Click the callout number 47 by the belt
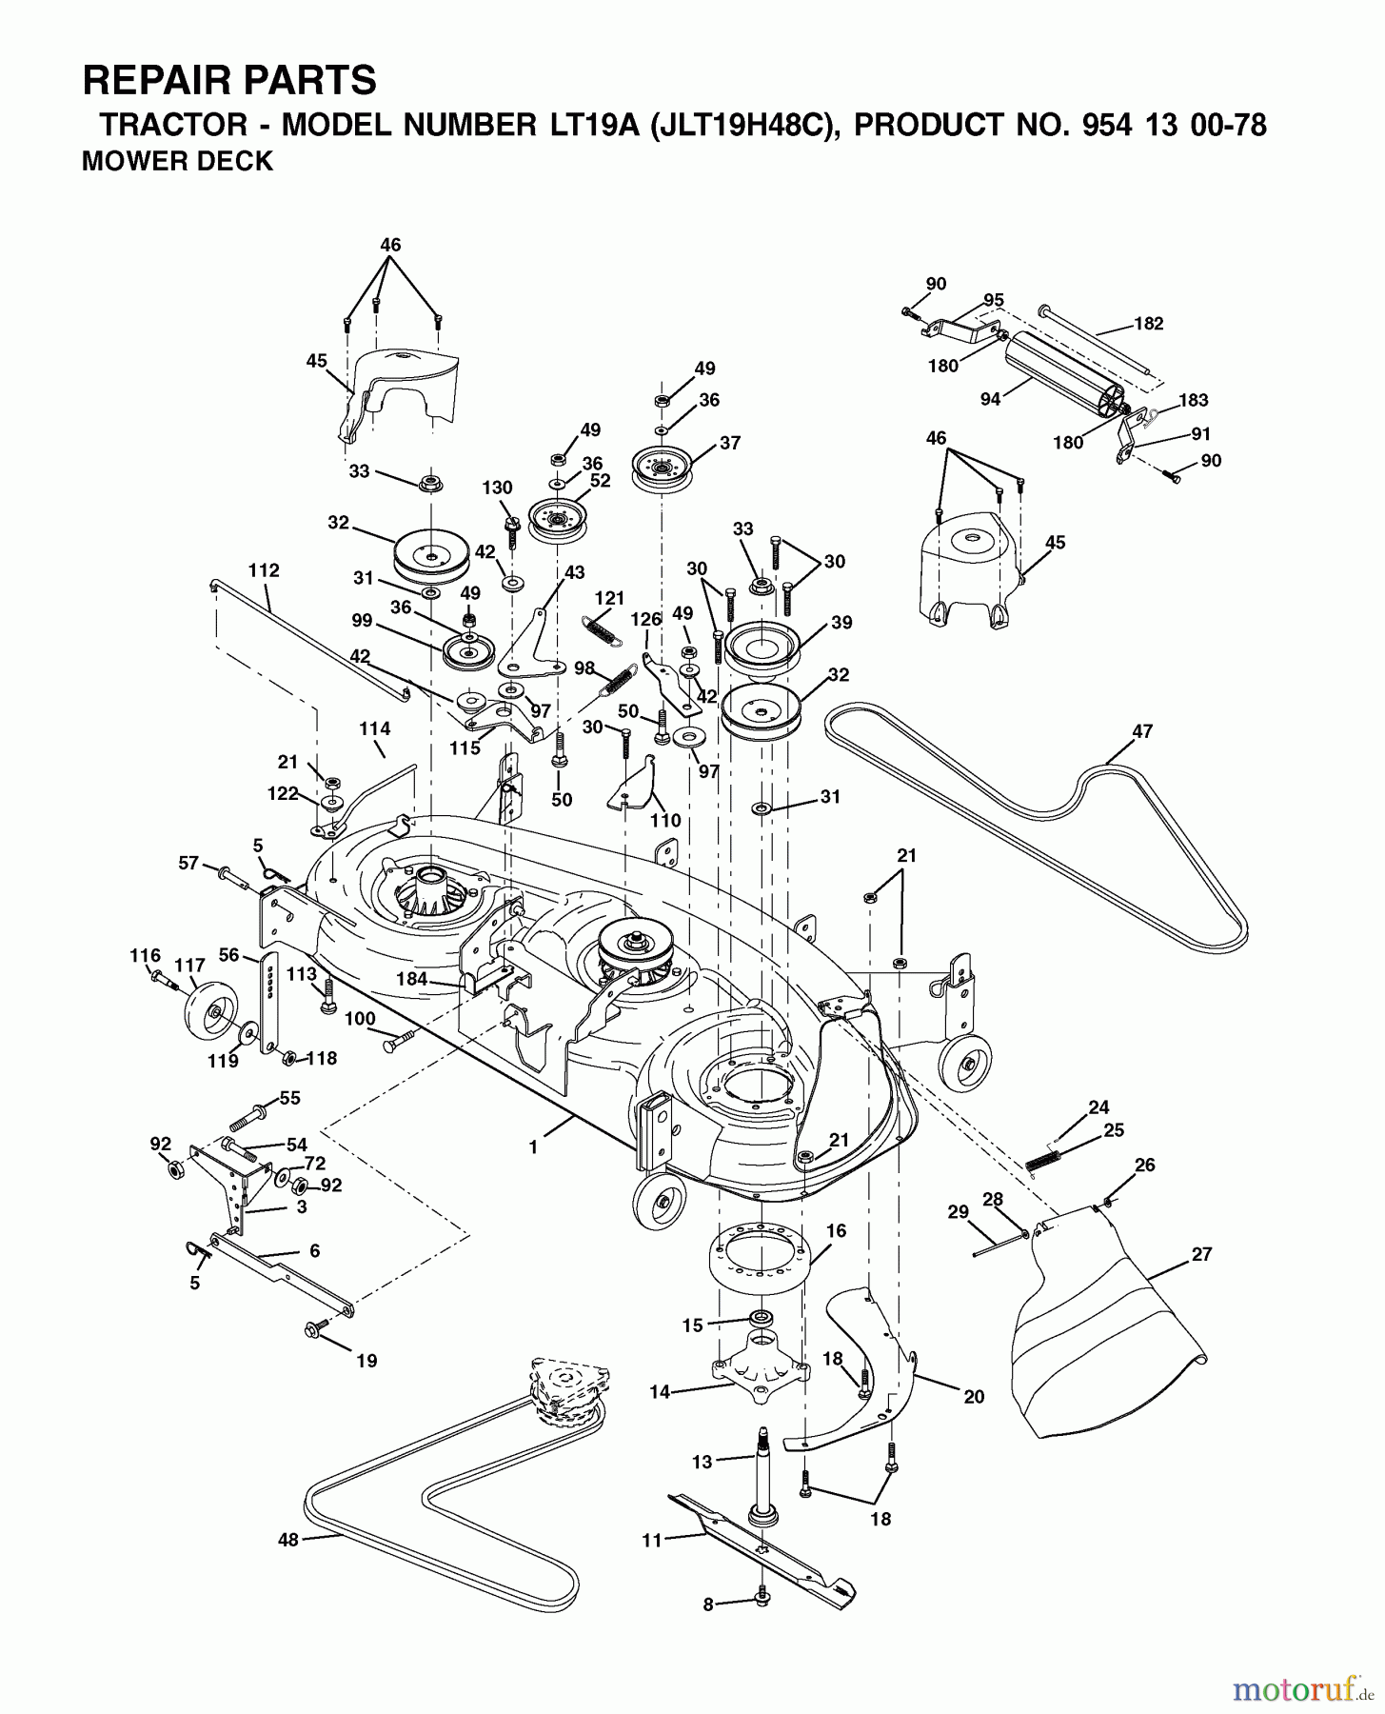(1142, 731)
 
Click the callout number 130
(497, 488)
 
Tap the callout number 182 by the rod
(1149, 323)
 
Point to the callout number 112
(264, 570)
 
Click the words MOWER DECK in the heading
(177, 161)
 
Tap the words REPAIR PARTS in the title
(229, 81)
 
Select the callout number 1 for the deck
(533, 1148)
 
